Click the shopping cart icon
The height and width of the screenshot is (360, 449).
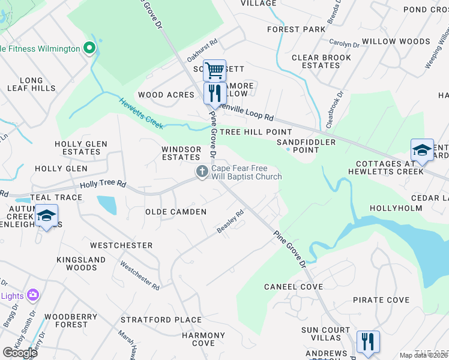pyautogui.click(x=214, y=71)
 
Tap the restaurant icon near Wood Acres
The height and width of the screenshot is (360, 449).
pyautogui.click(x=214, y=93)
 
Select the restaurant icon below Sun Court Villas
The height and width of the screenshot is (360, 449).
pyautogui.click(x=367, y=342)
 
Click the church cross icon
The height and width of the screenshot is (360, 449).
pyautogui.click(x=202, y=172)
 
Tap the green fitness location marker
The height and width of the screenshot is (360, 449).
pyautogui.click(x=89, y=47)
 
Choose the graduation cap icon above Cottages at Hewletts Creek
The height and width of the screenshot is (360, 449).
pyautogui.click(x=422, y=150)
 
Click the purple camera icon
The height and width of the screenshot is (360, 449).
pyautogui.click(x=33, y=295)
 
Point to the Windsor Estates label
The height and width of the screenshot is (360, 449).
pyautogui.click(x=181, y=153)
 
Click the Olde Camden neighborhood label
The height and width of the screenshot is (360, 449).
pyautogui.click(x=176, y=212)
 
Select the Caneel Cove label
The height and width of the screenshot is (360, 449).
pyautogui.click(x=289, y=287)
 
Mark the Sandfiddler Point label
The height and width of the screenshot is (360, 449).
pyautogui.click(x=298, y=146)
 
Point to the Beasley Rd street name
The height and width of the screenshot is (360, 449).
pyautogui.click(x=231, y=222)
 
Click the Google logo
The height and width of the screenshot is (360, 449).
pyautogui.click(x=20, y=353)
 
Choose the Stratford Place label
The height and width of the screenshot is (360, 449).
pyautogui.click(x=161, y=320)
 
